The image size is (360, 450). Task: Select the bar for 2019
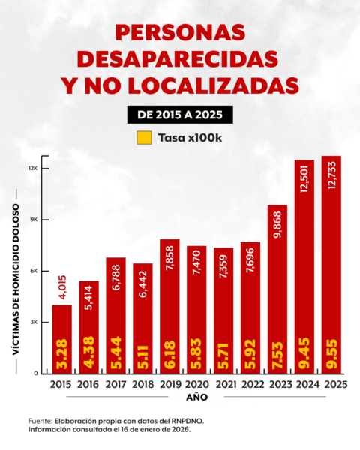(x=169, y=300)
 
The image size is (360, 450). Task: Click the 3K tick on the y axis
(x=34, y=322)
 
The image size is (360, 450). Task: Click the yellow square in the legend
(x=144, y=138)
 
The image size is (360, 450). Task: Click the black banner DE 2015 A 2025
(x=179, y=114)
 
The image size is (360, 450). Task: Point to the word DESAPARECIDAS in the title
(x=179, y=58)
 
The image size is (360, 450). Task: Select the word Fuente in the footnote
(x=43, y=421)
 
